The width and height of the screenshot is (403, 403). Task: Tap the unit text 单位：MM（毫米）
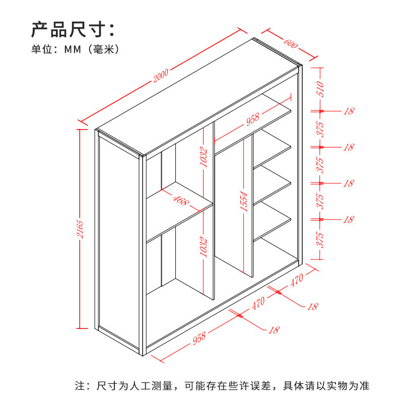[75, 49]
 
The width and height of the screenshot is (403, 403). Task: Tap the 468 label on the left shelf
[179, 200]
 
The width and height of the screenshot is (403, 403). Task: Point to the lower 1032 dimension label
[204, 246]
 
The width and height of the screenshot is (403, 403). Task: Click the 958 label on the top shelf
[252, 119]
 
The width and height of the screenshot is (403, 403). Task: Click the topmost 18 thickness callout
[348, 111]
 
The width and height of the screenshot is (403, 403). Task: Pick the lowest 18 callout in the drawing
[274, 330]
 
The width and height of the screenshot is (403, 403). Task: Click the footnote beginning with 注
[222, 386]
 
